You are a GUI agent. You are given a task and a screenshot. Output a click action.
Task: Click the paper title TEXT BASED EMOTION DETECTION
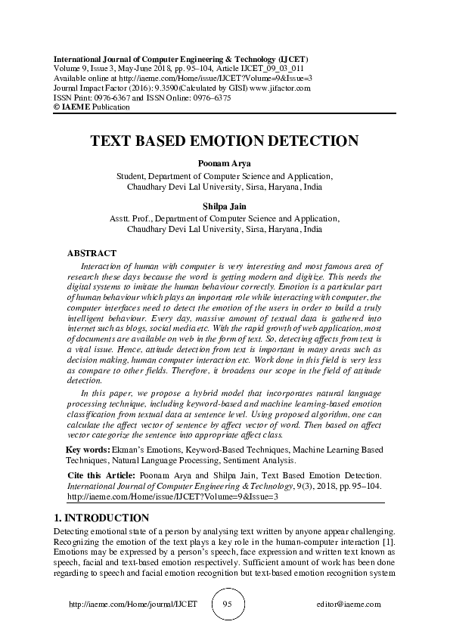[224, 141]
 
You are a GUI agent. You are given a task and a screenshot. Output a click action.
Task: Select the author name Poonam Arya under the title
[225, 162]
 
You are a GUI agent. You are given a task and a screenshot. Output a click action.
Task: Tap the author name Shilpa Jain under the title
[225, 206]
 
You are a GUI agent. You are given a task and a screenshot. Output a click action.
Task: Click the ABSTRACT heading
[92, 252]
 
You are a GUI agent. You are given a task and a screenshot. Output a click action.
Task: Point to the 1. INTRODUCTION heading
[102, 518]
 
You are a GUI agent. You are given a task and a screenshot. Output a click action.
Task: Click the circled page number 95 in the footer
[228, 605]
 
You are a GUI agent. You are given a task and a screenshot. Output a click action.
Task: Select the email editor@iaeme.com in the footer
[349, 605]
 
